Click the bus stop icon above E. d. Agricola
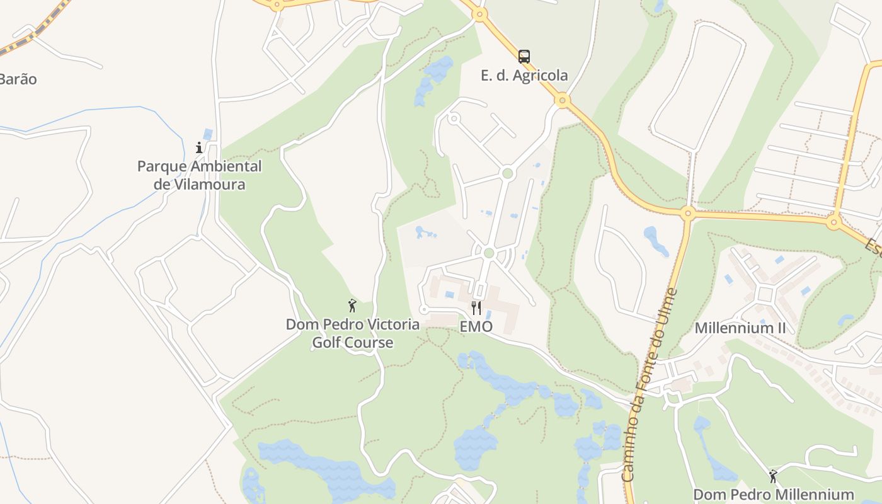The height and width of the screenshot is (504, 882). pos(524,57)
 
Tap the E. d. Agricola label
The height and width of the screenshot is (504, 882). pos(524,76)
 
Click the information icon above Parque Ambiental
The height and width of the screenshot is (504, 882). pos(199,148)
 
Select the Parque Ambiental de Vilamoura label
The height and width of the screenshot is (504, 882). pos(199,175)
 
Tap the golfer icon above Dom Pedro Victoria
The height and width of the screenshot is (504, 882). pos(352,306)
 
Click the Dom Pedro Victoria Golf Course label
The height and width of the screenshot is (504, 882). pos(353,333)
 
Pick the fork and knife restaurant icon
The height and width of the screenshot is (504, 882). pos(476,308)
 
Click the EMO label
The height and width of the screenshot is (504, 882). pos(476,327)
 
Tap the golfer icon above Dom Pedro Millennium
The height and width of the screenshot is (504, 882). pos(773,476)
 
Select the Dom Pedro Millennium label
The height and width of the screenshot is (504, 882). pos(773,495)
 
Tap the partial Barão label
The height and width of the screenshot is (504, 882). pos(18,79)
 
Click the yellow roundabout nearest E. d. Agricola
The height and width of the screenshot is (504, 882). pos(563,100)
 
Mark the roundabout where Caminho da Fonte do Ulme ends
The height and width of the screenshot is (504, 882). pos(687,213)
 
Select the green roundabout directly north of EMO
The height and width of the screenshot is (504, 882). pos(489,253)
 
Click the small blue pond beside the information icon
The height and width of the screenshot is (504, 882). pos(208,134)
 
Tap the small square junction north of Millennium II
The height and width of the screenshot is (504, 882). pos(765,294)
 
